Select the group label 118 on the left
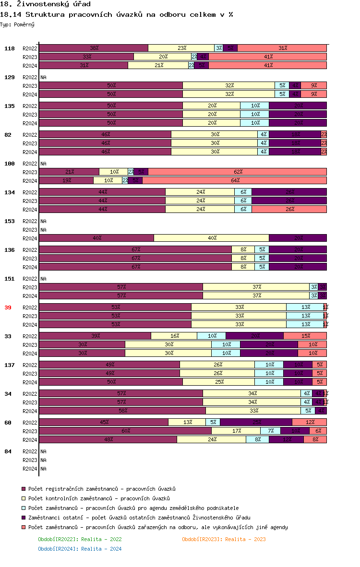point(10,48)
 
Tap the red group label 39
point(8,307)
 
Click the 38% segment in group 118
point(94,48)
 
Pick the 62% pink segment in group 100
point(238,172)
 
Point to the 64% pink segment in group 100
point(235,180)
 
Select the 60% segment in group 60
point(125,431)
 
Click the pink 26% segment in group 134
point(289,209)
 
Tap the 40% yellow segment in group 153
point(212,238)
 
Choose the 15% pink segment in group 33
point(305,336)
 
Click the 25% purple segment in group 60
point(256,422)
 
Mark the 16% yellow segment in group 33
point(174,336)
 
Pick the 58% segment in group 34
point(122,411)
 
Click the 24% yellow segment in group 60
point(212,439)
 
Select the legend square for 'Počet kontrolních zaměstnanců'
point(23,498)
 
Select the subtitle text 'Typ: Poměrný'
point(17,24)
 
